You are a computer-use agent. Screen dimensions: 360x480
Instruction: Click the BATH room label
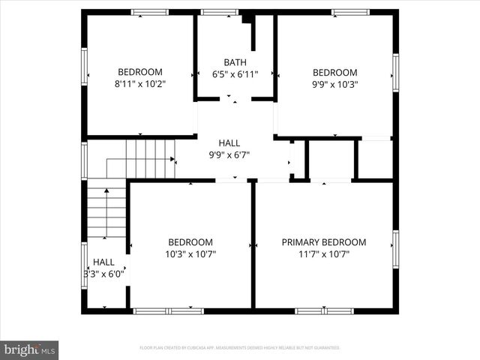[x=235, y=62]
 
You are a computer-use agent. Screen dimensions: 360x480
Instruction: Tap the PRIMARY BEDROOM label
[x=324, y=242]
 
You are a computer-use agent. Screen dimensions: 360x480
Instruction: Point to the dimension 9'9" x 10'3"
[x=334, y=84]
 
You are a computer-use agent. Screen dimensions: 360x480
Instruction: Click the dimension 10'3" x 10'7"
[x=190, y=254]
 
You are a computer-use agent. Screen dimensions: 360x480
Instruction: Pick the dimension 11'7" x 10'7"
[x=324, y=254]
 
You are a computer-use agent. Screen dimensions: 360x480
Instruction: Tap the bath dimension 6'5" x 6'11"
[x=235, y=74]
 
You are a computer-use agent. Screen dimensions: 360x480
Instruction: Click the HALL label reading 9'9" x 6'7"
[x=229, y=142]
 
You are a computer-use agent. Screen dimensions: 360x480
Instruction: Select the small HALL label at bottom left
[x=103, y=262]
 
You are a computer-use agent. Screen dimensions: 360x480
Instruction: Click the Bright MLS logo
[x=29, y=349]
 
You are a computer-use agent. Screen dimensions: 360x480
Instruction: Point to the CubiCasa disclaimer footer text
[x=240, y=348]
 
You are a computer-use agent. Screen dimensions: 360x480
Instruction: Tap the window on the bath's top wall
[x=220, y=12]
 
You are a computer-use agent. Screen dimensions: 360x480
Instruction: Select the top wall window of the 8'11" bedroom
[x=149, y=12]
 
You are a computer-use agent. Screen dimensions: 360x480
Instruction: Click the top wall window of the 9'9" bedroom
[x=350, y=12]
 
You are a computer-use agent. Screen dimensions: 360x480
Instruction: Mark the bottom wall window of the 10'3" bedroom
[x=168, y=310]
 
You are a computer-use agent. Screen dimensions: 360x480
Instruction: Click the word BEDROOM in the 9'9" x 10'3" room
[x=334, y=72]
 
